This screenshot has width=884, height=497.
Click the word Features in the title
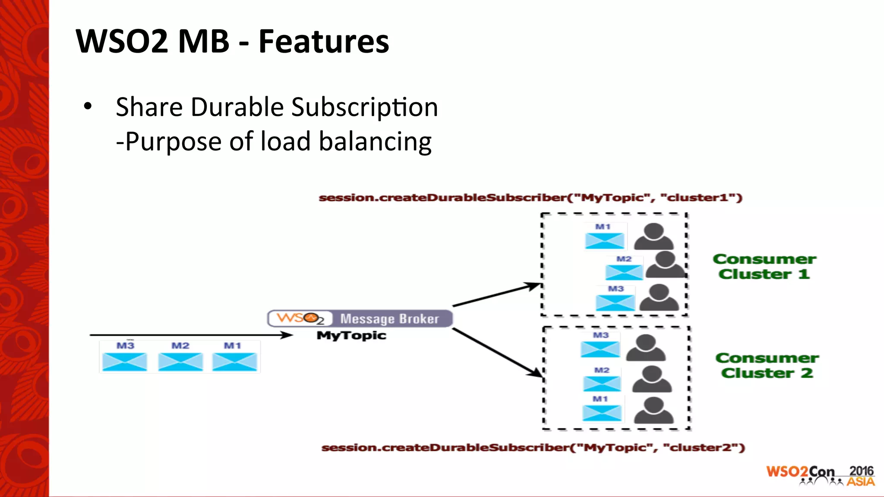[324, 41]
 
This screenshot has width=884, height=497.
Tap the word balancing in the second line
[375, 142]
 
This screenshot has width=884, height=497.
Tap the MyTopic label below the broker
[351, 336]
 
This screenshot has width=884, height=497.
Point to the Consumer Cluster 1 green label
[764, 266]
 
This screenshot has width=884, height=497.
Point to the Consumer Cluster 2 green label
[767, 365]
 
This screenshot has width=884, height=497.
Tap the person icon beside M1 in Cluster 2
[654, 410]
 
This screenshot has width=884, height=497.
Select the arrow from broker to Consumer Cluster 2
[496, 352]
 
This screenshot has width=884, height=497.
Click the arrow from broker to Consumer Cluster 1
[496, 295]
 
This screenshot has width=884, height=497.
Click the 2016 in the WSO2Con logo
[861, 471]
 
